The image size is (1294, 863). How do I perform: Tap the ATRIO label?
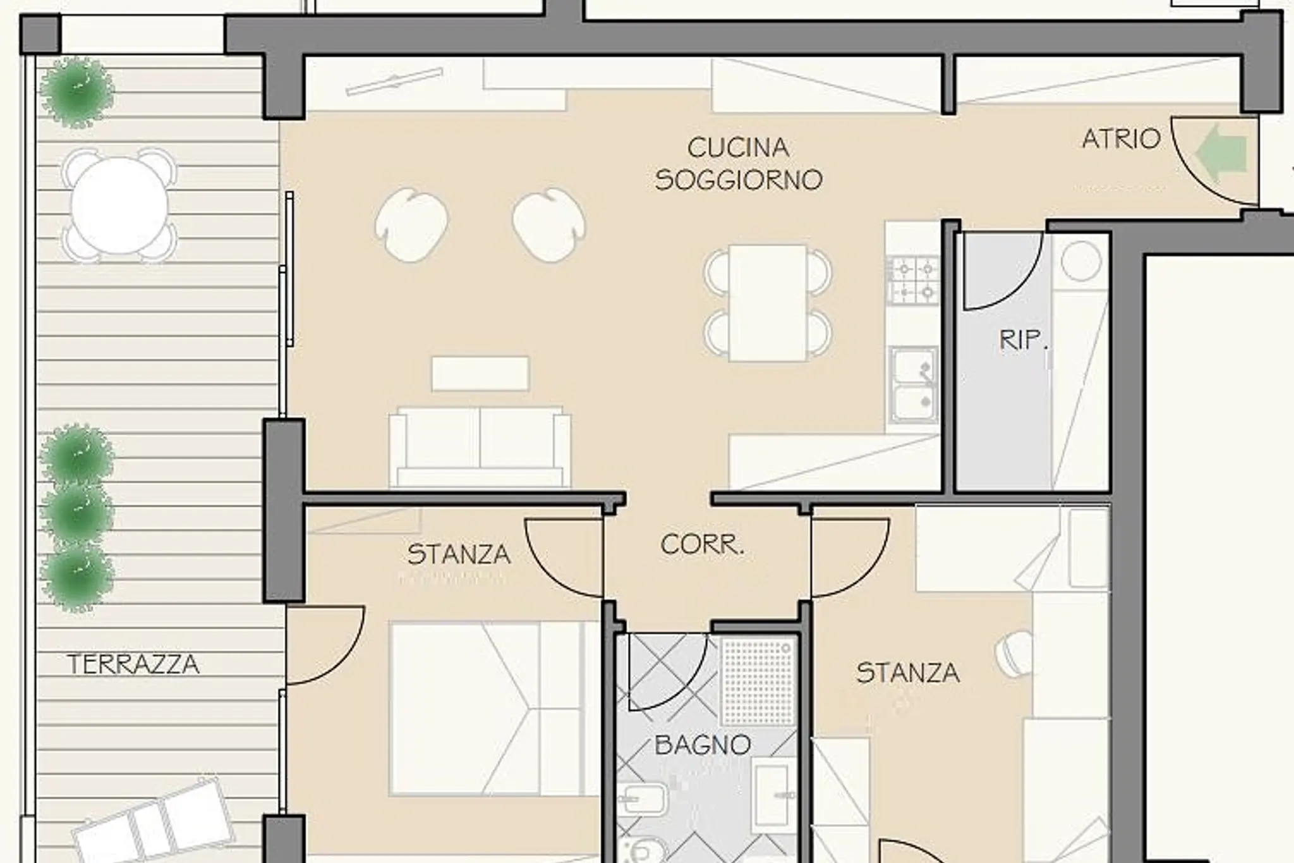(x=1122, y=139)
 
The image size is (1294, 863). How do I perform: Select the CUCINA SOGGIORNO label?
(x=739, y=164)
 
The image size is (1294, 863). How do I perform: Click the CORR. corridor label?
(x=702, y=544)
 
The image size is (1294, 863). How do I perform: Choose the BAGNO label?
(x=703, y=745)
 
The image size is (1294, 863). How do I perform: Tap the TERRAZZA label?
(x=133, y=664)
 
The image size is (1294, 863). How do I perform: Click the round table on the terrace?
(x=119, y=205)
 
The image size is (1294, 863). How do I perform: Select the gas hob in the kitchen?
(x=914, y=280)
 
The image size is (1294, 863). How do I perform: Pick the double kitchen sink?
(x=914, y=384)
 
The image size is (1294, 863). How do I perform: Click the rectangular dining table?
(x=768, y=303)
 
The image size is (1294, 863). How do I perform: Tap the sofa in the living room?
(x=480, y=447)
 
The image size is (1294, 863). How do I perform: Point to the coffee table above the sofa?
(x=480, y=374)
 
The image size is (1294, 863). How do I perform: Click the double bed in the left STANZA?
(x=495, y=708)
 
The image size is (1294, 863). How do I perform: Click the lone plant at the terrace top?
(x=77, y=91)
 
